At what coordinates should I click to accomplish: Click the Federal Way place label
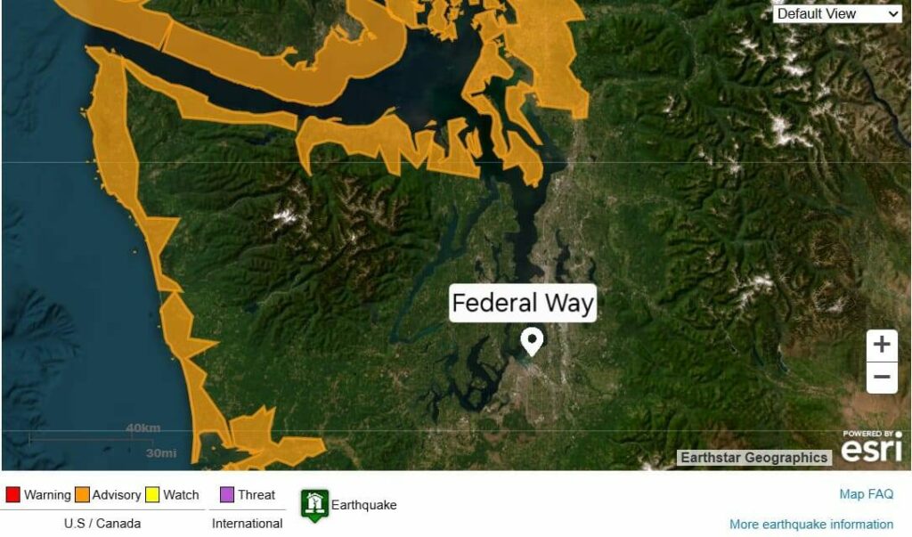tap(523, 304)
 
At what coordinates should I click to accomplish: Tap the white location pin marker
tap(532, 341)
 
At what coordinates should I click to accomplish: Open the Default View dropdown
tap(838, 13)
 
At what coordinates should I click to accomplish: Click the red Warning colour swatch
tap(12, 495)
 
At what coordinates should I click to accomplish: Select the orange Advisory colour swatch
tap(82, 495)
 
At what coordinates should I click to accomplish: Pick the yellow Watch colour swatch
tap(153, 495)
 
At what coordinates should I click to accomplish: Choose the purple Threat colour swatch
tap(226, 495)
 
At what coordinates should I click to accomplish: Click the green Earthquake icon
tap(314, 505)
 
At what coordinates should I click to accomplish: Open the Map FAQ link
tap(866, 494)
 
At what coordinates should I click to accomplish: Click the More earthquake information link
tap(810, 525)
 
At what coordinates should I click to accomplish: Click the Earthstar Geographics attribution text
tap(753, 458)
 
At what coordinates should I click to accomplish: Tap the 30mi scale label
tap(161, 453)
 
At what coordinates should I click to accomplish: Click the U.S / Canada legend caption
tap(102, 524)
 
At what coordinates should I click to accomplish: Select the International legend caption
tap(247, 524)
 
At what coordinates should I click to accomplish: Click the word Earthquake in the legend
tap(363, 505)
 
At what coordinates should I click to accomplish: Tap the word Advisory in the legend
tap(117, 495)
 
